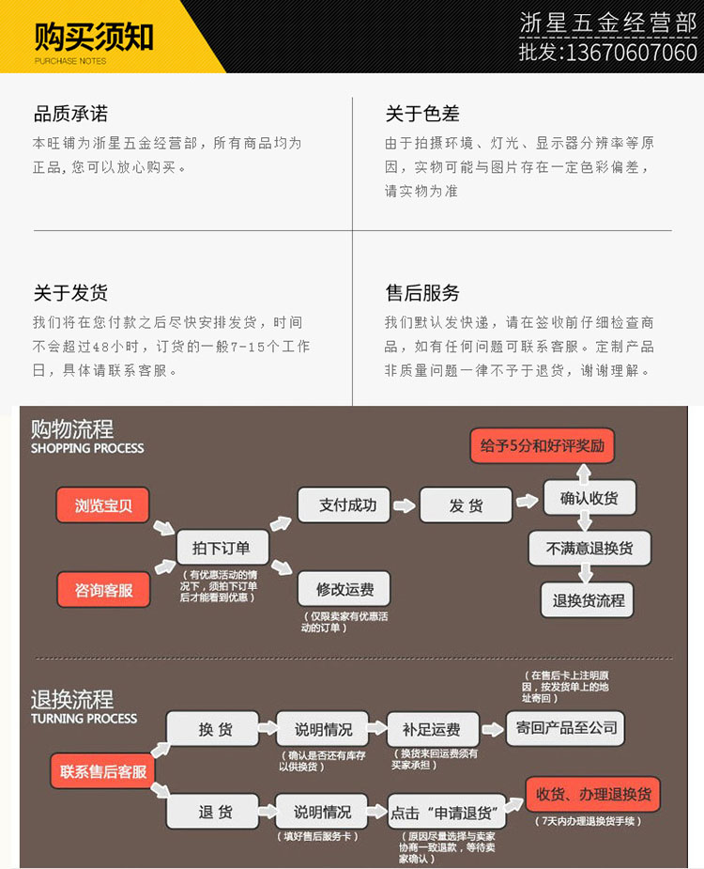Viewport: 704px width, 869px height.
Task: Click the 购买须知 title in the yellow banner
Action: point(94,37)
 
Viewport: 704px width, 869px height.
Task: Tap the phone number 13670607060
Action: point(629,53)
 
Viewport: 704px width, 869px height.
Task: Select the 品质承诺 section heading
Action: point(70,114)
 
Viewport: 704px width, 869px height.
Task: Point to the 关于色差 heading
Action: point(422,114)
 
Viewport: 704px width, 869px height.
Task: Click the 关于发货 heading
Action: point(70,292)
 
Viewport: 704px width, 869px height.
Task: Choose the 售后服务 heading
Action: point(422,292)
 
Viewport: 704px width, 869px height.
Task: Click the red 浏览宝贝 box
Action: point(103,505)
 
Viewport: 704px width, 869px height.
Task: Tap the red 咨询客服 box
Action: point(103,590)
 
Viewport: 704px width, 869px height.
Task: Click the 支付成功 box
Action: point(344,505)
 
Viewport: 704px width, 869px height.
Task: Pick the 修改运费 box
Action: point(344,589)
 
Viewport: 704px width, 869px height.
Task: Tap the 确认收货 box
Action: point(589,498)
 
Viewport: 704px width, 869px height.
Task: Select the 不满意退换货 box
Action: point(589,549)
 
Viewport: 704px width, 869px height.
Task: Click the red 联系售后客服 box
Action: point(103,771)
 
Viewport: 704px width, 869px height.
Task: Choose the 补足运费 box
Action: point(431,729)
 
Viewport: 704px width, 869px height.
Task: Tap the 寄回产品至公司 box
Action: point(564,728)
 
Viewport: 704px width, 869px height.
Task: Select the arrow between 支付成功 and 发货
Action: point(405,505)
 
